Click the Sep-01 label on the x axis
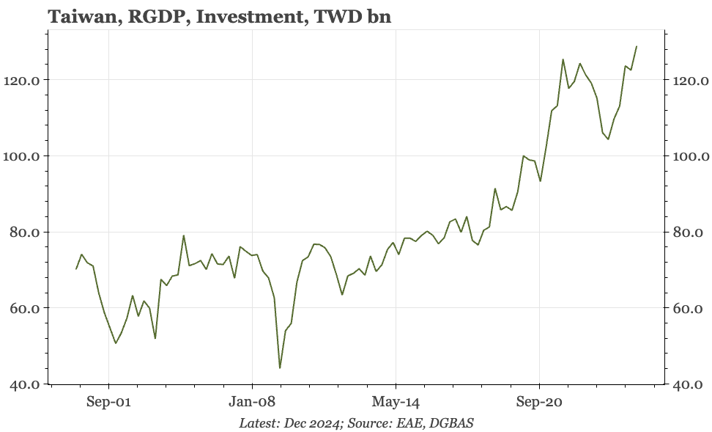click(108, 403)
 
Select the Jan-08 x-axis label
click(252, 403)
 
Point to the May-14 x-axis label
click(396, 403)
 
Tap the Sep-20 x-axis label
click(539, 403)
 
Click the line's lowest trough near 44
click(280, 368)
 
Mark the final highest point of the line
click(637, 46)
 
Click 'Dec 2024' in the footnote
click(317, 423)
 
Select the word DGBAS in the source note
click(453, 423)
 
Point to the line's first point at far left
click(76, 269)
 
